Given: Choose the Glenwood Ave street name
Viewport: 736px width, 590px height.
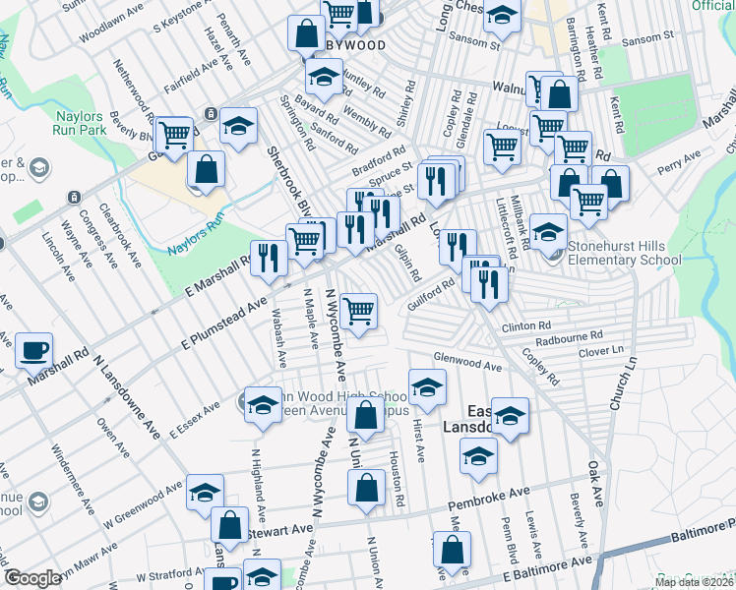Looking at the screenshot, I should pyautogui.click(x=468, y=363).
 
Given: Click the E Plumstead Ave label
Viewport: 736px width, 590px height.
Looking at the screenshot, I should pyautogui.click(x=225, y=322).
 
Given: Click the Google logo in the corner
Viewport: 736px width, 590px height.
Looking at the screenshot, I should pyautogui.click(x=32, y=578).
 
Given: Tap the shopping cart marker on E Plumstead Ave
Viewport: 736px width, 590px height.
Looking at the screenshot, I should pyautogui.click(x=359, y=311).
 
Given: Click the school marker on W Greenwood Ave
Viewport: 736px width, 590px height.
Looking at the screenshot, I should pyautogui.click(x=205, y=493).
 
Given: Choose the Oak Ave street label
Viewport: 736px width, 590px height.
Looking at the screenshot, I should pyautogui.click(x=595, y=485).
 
